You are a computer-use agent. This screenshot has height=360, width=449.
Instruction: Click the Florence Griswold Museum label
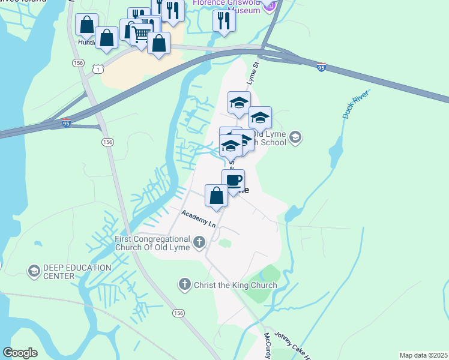tap(226, 4)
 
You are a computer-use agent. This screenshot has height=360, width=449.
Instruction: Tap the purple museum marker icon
tap(270, 5)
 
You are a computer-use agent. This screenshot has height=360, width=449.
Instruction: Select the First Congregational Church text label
tap(152, 244)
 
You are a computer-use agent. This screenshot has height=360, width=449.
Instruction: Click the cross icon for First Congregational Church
tap(199, 243)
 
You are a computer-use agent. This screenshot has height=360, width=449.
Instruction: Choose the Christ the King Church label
tap(235, 285)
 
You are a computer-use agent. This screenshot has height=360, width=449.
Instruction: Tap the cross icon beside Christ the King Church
tap(185, 284)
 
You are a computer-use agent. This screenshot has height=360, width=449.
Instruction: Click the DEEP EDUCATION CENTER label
tap(77, 272)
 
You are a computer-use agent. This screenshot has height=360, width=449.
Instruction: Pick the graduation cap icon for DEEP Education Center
tap(34, 272)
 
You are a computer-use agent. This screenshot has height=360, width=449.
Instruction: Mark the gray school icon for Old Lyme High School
tap(295, 139)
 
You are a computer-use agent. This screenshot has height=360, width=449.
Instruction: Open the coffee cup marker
tap(233, 180)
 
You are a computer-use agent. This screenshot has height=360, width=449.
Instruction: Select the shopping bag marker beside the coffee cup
tap(216, 195)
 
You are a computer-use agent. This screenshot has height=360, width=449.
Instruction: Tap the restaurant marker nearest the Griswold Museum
tap(224, 20)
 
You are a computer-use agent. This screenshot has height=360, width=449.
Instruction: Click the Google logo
tap(20, 353)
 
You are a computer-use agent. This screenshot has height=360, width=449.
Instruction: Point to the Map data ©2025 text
tap(423, 355)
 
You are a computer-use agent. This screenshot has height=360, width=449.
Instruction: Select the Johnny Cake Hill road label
tap(293, 346)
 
